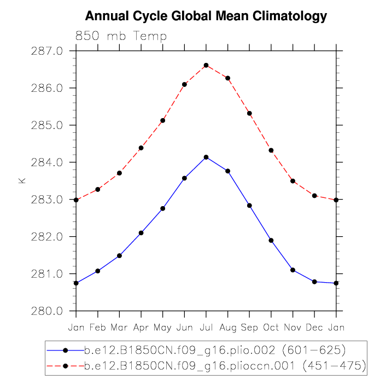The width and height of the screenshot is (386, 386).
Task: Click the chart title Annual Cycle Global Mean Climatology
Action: click(x=206, y=16)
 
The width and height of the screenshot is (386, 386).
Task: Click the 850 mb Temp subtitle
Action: click(x=121, y=36)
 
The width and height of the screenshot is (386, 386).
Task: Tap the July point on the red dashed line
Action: click(x=206, y=66)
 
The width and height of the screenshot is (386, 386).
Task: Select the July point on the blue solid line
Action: click(x=206, y=157)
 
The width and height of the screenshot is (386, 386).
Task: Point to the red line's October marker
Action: click(x=271, y=150)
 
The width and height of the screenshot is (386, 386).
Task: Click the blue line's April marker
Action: click(x=141, y=233)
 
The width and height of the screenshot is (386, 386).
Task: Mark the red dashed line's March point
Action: click(x=119, y=173)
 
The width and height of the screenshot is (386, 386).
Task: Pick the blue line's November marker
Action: click(x=293, y=270)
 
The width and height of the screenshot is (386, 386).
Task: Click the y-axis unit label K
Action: click(x=22, y=180)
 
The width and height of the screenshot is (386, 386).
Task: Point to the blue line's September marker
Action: click(x=249, y=206)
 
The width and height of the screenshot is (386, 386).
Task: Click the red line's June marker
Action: click(x=184, y=84)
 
